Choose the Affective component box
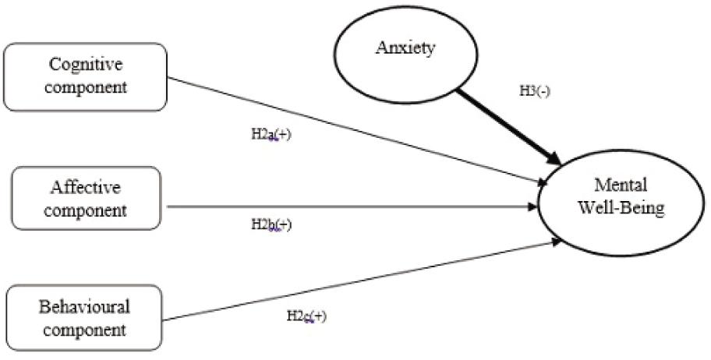tap(87, 198)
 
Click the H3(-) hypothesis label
tap(536, 90)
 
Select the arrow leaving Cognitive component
tap(351, 130)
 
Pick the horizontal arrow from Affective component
tap(351, 206)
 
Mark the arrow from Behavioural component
tap(359, 281)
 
